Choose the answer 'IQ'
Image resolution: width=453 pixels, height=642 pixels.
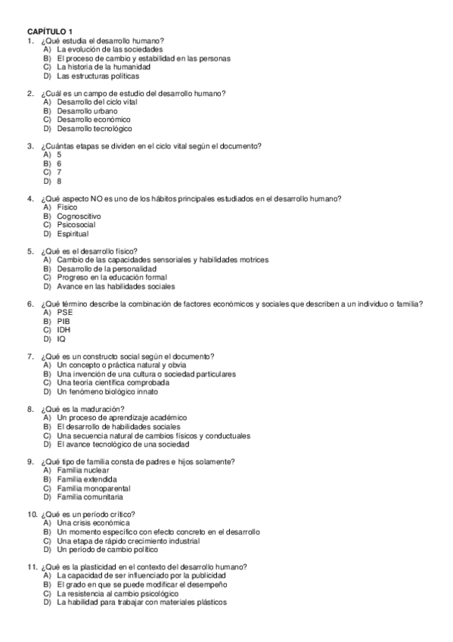(61, 338)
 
